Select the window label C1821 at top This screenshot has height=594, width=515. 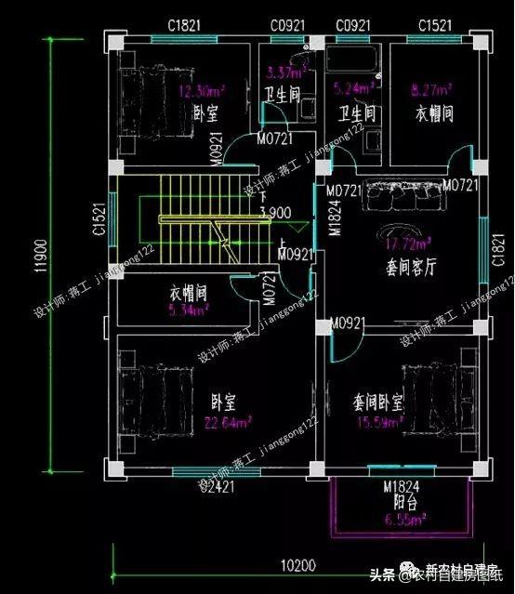point(186,24)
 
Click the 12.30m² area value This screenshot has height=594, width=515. point(201,91)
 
